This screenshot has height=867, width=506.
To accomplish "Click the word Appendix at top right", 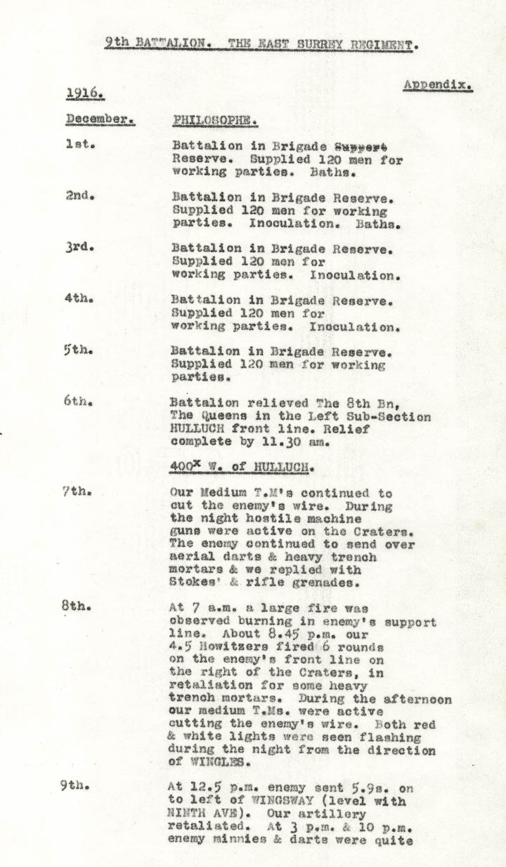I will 436,86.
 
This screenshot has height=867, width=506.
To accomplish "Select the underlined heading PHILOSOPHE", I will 214,120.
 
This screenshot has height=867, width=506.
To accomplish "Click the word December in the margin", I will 99,119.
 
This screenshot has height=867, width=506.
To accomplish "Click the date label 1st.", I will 79,145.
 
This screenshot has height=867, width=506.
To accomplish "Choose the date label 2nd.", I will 80,197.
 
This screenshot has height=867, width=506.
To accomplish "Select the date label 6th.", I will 77,402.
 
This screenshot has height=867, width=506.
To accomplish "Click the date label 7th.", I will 76,491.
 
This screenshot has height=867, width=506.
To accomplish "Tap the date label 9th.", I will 74,786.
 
